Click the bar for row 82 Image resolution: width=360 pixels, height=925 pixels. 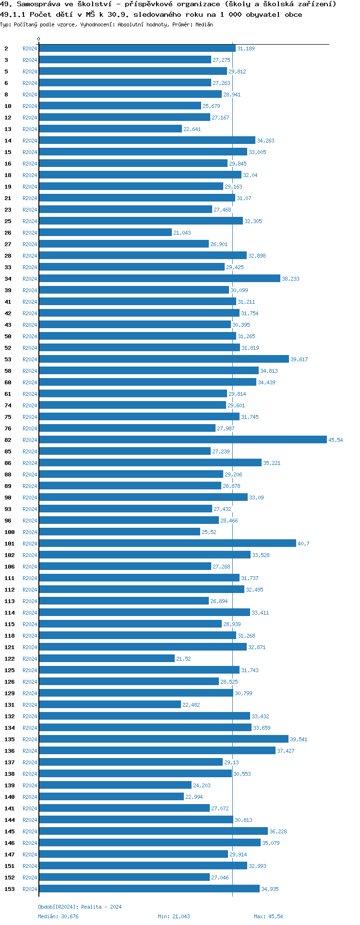click(182, 440)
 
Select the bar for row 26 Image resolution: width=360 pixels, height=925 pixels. click(105, 233)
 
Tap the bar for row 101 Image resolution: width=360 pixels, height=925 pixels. click(167, 544)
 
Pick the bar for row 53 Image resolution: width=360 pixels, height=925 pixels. click(164, 359)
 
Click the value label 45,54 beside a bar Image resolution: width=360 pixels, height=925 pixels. click(336, 440)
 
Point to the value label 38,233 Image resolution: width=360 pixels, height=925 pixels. click(290, 279)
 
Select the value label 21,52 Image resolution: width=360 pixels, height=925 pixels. click(183, 659)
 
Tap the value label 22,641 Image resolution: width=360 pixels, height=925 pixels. click(192, 129)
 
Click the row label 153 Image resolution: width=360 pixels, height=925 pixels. click(10, 889)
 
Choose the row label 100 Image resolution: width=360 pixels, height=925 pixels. click(10, 532)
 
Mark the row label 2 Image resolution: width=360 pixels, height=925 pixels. click(6, 48)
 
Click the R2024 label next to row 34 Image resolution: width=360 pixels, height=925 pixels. click(30, 279)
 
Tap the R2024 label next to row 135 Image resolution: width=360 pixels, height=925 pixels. click(30, 739)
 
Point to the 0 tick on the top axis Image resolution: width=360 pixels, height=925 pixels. click(39, 39)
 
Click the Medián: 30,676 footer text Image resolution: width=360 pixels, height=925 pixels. click(58, 916)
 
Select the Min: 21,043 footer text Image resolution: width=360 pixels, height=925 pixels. click(174, 916)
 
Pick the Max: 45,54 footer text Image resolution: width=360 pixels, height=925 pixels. click(268, 916)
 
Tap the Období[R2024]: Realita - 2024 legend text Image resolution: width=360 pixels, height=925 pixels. click(80, 907)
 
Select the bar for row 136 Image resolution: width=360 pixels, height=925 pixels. click(157, 751)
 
